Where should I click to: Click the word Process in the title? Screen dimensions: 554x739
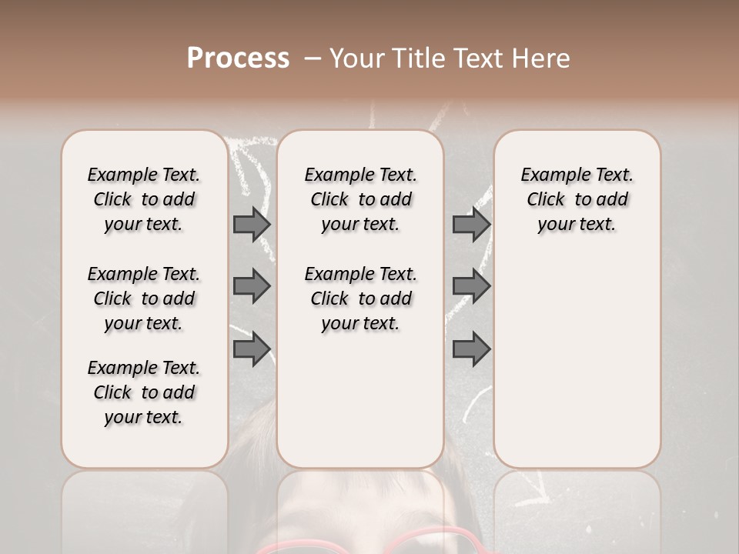point(238,58)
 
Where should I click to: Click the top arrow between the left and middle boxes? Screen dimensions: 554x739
point(252,224)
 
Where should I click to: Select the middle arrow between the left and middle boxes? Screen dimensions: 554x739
point(252,286)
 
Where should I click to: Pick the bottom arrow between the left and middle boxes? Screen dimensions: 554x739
point(252,349)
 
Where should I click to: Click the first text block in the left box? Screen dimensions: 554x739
point(144,199)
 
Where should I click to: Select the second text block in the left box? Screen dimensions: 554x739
point(144,299)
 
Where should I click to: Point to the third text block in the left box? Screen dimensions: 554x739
point(144,392)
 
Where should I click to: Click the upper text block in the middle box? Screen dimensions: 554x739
point(360,199)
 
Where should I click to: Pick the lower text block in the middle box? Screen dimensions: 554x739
point(360,299)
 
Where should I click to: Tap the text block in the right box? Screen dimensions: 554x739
point(577,199)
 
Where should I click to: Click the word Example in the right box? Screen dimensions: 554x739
point(551,175)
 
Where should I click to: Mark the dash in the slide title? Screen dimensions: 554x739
point(313,58)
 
